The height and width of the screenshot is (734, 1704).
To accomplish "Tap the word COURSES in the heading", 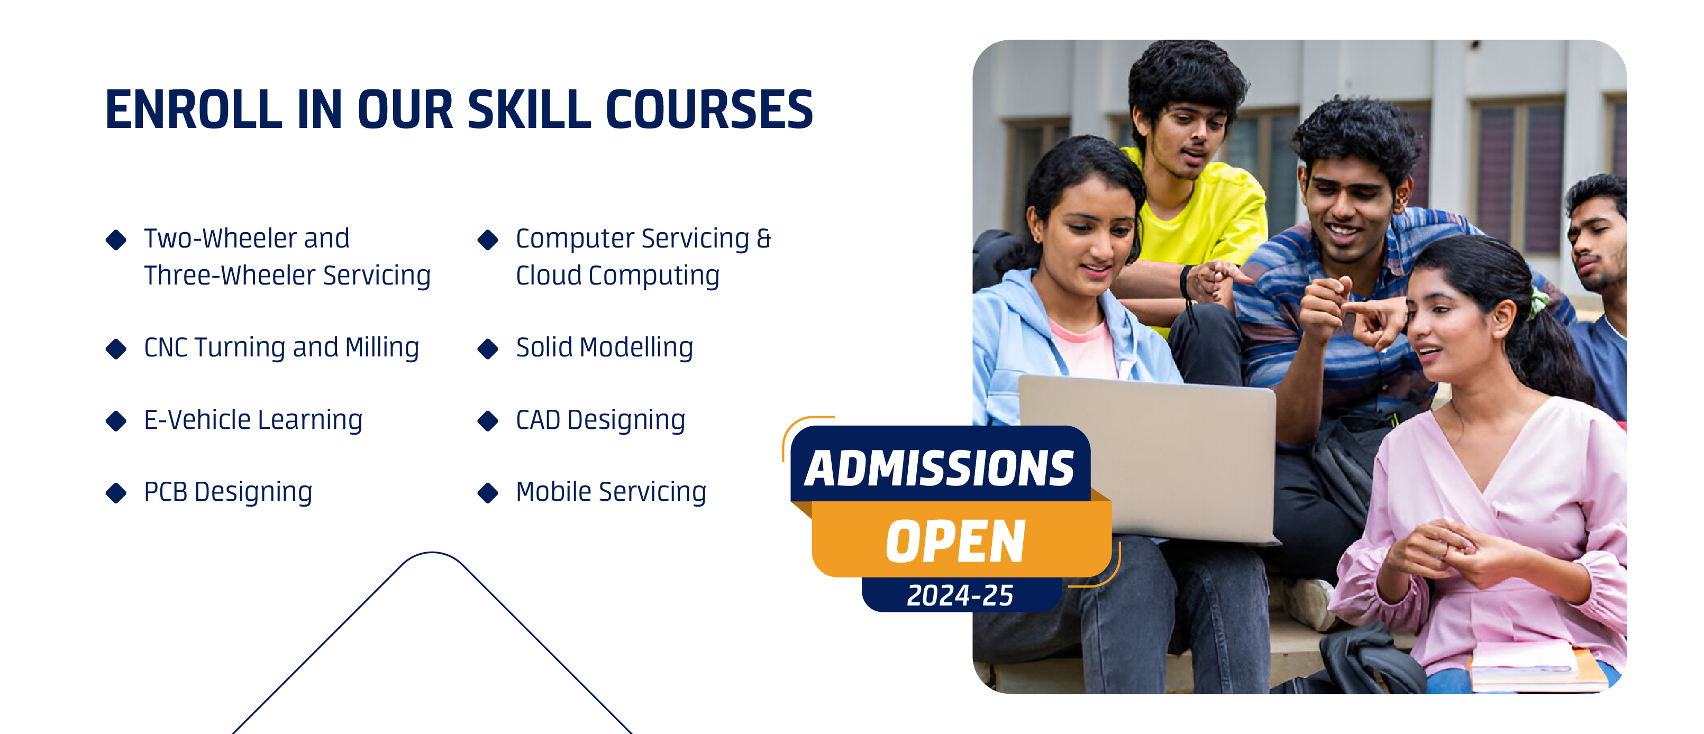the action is (709, 110).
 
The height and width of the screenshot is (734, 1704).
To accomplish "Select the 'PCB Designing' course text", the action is (228, 492).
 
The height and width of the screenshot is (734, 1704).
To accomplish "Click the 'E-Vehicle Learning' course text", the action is (253, 420).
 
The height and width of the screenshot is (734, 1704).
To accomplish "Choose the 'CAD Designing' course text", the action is (600, 420).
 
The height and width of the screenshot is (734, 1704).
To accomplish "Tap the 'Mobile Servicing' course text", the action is (611, 492).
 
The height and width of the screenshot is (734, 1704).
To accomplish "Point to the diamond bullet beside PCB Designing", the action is (116, 493).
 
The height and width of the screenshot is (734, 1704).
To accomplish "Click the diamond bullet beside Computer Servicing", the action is (488, 240).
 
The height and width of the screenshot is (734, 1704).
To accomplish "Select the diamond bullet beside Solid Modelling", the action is (488, 348).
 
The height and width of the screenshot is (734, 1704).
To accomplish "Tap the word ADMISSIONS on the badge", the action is (940, 468).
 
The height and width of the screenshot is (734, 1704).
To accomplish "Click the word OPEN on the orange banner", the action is (956, 542).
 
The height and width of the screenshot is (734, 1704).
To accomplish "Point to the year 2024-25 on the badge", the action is (960, 595).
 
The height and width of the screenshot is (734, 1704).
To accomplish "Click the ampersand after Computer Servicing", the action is (764, 238).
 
